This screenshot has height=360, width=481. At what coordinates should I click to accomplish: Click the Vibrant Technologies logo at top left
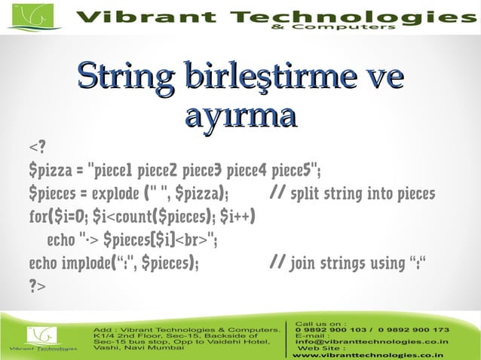coord(34,17)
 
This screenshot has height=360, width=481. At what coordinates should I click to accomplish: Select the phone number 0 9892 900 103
coord(332,330)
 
